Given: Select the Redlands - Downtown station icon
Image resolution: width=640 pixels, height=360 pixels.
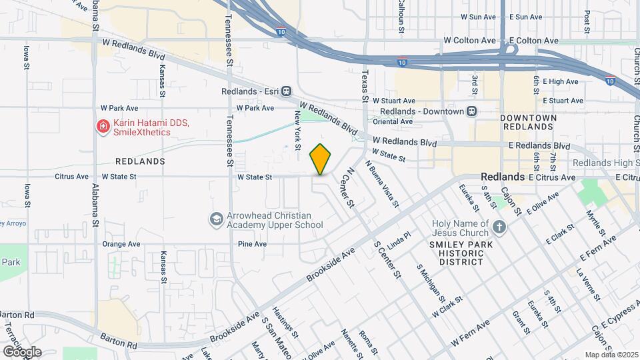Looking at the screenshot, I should [472, 111].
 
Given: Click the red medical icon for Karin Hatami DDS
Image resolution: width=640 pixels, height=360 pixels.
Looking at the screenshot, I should [103, 127].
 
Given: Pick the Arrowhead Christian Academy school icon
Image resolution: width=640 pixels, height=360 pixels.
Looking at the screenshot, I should [216, 219].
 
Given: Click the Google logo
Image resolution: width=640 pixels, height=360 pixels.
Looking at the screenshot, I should [21, 351].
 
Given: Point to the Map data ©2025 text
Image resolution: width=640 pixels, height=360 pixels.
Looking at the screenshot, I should [610, 355].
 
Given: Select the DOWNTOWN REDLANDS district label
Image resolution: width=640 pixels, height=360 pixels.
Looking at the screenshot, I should [528, 122].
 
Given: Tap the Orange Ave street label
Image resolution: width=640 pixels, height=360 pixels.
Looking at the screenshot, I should [121, 244].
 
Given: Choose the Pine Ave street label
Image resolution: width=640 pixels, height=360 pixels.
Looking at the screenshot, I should [252, 244].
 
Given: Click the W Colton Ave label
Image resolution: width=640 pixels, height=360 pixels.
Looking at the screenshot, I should [471, 41].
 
